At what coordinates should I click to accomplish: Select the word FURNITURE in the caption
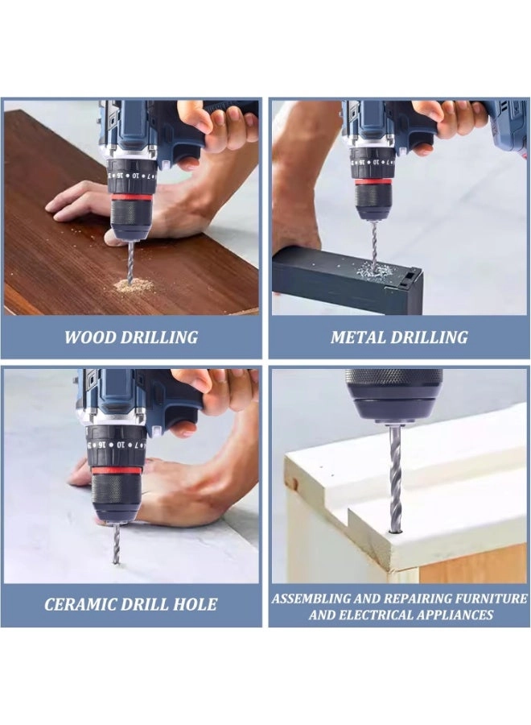coord(486,599)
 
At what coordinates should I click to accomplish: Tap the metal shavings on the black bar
coord(375,269)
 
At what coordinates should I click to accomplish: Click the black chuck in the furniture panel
coord(394,395)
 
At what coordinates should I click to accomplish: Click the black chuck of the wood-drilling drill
coord(130,222)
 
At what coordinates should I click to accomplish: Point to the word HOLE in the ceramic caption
coord(194,604)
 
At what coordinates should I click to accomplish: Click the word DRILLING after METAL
coord(431,338)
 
